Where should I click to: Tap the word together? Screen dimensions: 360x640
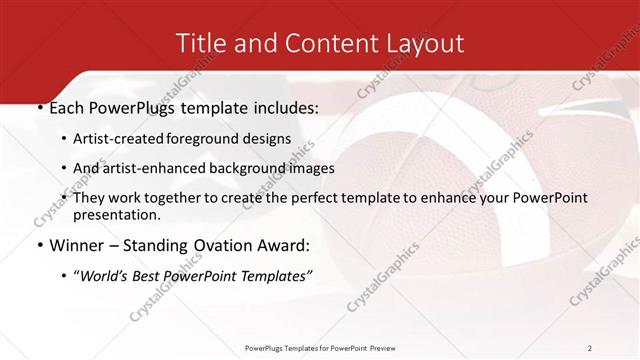tap(177, 198)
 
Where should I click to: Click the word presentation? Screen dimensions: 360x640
tap(117, 214)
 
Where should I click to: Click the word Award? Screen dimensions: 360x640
tap(287, 245)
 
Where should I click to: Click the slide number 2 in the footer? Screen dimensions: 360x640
tap(590, 347)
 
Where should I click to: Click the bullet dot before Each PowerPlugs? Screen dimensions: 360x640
tap(39, 108)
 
